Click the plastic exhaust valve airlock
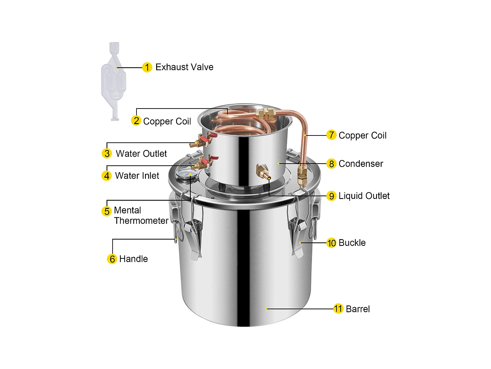tap(114, 80)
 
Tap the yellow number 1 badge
tap(147, 67)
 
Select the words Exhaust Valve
tap(184, 67)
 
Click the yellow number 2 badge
tap(136, 121)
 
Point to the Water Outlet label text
tap(141, 154)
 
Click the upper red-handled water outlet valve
tap(201, 140)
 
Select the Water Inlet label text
tap(137, 176)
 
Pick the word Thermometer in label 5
tap(141, 221)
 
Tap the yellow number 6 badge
tap(112, 259)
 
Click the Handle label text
tap(134, 259)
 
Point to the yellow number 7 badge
tap(331, 135)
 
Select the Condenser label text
tap(361, 164)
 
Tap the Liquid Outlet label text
tap(364, 196)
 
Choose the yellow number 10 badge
tap(331, 243)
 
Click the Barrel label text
tap(357, 309)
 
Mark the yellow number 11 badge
tap(338, 309)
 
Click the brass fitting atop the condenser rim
tap(265, 113)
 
